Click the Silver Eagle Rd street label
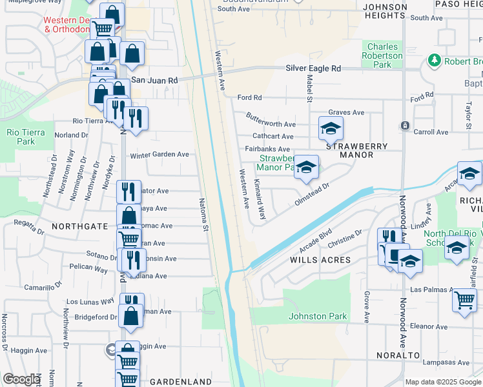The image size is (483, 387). coord(313,68)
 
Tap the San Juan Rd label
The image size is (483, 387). coord(154,80)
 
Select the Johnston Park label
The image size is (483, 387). coord(318,316)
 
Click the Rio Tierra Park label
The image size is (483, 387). coord(21,137)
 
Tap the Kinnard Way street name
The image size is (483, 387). coord(259,203)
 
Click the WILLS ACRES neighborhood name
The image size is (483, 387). coord(320,260)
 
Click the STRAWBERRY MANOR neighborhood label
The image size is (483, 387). coord(357,150)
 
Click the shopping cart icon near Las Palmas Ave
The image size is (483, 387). coord(464,300)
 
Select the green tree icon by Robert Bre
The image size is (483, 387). coord(434,61)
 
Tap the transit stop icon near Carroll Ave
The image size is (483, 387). coord(405,125)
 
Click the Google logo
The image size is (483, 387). coord(21,379)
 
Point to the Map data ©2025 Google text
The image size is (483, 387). coord(442,382)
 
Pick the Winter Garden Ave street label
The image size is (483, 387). coord(159,155)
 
